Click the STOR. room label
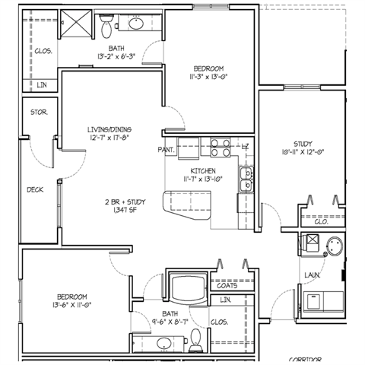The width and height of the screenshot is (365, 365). (x=39, y=113)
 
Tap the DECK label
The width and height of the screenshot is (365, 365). (x=35, y=190)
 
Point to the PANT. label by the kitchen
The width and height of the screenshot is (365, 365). (x=167, y=150)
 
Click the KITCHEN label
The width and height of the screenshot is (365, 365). (x=205, y=169)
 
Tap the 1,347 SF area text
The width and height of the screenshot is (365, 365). (x=125, y=210)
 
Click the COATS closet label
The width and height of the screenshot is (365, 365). (x=228, y=286)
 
